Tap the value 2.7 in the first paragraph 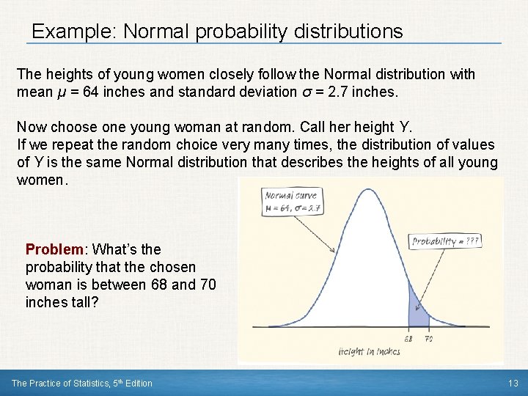point(337,93)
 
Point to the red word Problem point(56,249)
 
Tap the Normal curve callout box point(291,200)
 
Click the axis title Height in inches point(370,352)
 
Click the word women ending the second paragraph point(41,178)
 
